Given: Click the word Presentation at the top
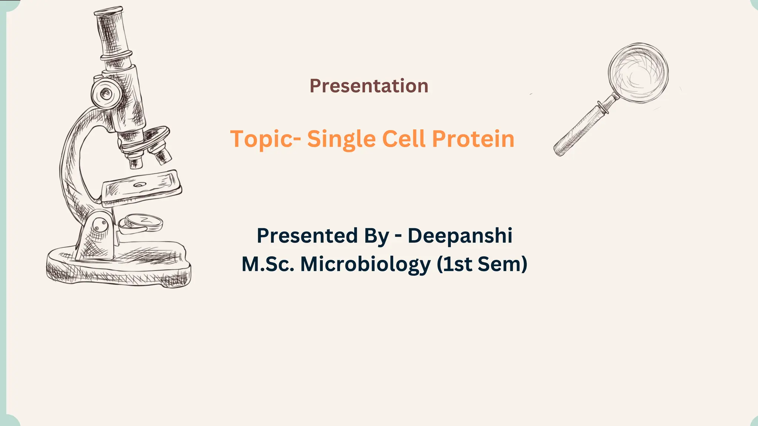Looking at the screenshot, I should pyautogui.click(x=369, y=86).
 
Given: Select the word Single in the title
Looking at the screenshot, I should pyautogui.click(x=341, y=140).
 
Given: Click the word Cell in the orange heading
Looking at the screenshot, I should pyautogui.click(x=403, y=139).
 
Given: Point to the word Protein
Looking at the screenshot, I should pyautogui.click(x=473, y=139).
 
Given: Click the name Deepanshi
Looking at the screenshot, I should pyautogui.click(x=460, y=236).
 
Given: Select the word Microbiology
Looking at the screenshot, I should pyautogui.click(x=365, y=265).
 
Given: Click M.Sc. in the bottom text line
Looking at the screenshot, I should pyautogui.click(x=268, y=265).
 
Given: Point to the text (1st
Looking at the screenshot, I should pyautogui.click(x=455, y=265).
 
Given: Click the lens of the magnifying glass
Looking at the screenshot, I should pyautogui.click(x=638, y=73).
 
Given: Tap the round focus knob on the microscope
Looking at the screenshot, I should pyautogui.click(x=106, y=93).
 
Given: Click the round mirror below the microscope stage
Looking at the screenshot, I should pyautogui.click(x=142, y=222).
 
